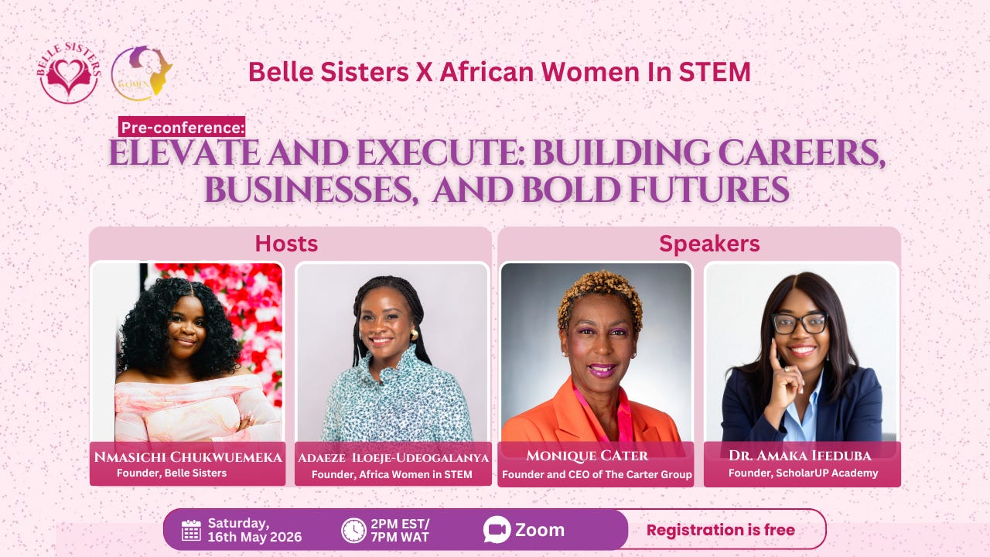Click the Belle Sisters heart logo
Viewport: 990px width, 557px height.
69,73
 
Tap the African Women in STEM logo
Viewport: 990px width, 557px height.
142,73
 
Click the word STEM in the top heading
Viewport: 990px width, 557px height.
715,72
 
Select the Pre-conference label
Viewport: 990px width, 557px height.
182,128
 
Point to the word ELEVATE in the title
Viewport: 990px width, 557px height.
184,153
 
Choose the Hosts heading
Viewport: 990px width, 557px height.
286,244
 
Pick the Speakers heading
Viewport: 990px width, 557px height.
709,244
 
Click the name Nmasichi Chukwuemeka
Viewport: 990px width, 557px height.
188,457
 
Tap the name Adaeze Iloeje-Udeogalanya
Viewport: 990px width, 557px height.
394,458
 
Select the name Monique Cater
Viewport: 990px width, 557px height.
587,456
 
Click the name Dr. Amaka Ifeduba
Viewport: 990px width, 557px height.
800,456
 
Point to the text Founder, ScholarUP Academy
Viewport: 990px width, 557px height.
803,473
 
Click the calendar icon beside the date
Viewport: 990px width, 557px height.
191,530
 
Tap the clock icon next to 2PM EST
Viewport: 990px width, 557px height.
353,530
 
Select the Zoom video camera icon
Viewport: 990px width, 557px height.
497,530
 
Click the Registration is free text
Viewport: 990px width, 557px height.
721,530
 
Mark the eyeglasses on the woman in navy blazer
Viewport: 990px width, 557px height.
800,323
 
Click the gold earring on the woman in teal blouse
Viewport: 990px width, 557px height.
415,335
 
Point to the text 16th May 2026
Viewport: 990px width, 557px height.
254,537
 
